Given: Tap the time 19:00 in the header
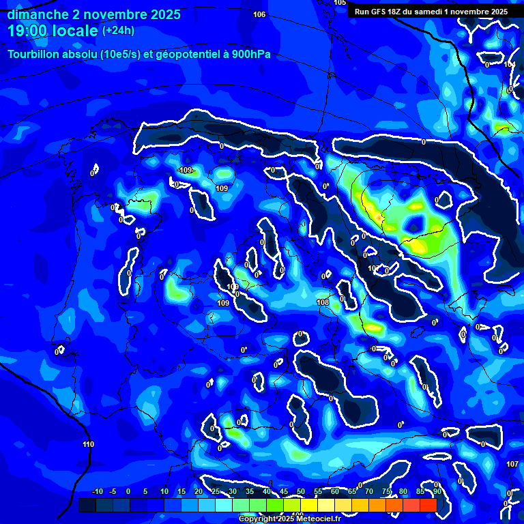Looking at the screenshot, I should [x=29, y=31].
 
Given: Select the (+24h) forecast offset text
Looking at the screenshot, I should [x=118, y=31].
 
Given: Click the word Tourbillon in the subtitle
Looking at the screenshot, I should [x=35, y=55].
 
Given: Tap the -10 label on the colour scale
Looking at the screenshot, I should [x=97, y=492].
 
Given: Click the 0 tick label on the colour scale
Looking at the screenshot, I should [x=128, y=492].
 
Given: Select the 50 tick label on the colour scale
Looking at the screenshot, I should [x=301, y=492].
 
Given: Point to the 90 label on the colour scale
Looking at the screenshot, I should [x=437, y=492].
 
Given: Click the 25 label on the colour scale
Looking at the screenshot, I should [x=216, y=492].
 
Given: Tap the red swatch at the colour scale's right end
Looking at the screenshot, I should [x=428, y=505].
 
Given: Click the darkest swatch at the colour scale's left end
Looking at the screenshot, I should [x=87, y=505].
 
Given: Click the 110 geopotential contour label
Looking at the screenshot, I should [x=88, y=445].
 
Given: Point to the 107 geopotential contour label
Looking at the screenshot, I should [x=512, y=464].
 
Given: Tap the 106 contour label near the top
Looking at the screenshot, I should [x=259, y=14].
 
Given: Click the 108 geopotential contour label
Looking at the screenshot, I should [x=323, y=302].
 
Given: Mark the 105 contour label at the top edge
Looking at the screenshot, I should [x=340, y=3].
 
